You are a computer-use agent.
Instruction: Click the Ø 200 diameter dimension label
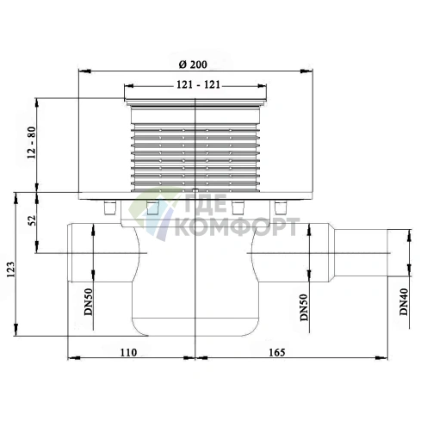click(193, 65)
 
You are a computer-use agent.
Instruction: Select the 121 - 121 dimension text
click(198, 84)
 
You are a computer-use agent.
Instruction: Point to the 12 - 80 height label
click(31, 143)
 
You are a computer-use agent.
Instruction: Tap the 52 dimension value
click(33, 220)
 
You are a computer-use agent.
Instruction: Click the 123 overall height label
click(11, 269)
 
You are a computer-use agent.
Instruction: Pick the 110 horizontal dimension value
click(128, 352)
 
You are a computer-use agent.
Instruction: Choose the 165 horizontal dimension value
click(277, 352)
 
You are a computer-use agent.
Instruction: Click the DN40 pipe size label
click(404, 302)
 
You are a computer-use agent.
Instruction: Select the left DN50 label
click(89, 302)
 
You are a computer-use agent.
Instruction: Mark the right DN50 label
click(304, 307)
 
